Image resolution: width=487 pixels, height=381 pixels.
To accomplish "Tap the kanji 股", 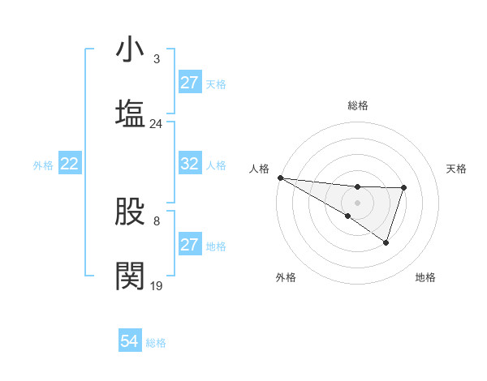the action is [131, 212].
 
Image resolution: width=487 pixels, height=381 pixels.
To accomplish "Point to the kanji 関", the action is [131, 276].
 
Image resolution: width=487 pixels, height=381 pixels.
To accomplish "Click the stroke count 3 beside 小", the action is [156, 59].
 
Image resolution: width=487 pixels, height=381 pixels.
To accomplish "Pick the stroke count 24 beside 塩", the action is [156, 124].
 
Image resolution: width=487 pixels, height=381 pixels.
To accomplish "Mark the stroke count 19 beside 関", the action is [156, 286].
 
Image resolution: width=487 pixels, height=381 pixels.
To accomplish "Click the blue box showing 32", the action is [190, 164].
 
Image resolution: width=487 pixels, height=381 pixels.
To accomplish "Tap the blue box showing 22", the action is [70, 164].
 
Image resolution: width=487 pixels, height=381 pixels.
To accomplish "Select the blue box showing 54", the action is [130, 341].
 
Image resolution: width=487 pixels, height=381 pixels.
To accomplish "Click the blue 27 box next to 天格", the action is [190, 83].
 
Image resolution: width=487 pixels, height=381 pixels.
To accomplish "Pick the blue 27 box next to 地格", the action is [190, 245].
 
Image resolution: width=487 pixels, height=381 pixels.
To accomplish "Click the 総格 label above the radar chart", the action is [358, 105].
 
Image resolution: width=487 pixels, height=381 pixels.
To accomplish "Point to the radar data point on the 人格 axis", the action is [280, 178].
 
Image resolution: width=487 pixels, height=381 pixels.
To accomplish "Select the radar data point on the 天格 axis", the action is [403, 188].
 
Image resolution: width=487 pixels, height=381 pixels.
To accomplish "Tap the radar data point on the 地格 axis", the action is [386, 242].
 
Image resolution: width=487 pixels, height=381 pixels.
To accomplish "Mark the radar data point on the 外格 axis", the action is [347, 216].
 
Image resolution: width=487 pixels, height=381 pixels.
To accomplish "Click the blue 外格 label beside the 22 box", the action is [43, 165].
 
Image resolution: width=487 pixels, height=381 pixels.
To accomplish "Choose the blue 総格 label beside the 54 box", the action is [156, 343].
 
